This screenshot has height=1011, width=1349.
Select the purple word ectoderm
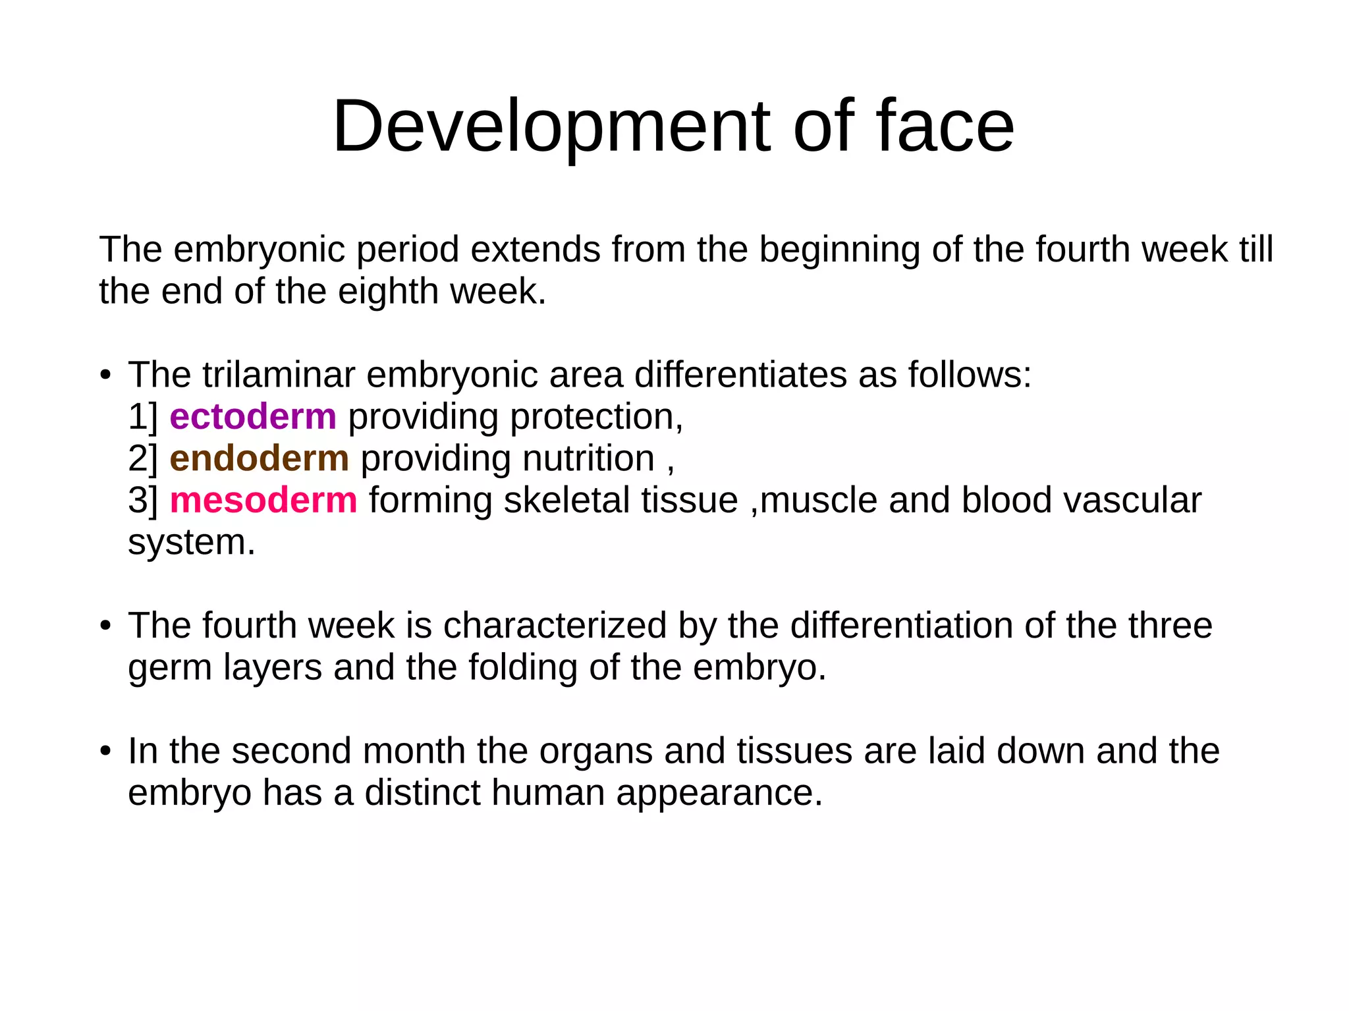(253, 417)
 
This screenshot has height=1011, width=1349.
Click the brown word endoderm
(259, 458)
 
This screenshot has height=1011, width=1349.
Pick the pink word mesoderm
(263, 501)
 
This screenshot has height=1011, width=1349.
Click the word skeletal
(566, 501)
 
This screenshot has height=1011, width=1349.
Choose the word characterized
(555, 626)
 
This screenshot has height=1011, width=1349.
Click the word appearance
(719, 793)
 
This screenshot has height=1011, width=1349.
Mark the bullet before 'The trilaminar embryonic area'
(105, 376)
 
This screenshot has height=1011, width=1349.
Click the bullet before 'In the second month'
(105, 751)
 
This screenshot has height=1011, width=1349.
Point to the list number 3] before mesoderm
(143, 501)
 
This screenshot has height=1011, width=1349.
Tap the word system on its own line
(191, 543)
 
